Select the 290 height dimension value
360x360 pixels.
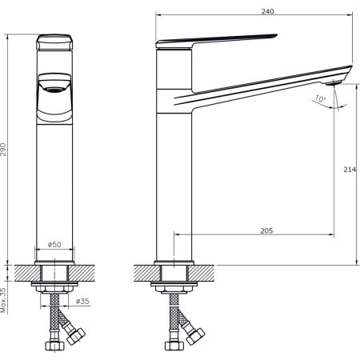pyautogui.click(x=6, y=149)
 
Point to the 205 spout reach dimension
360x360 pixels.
pyautogui.click(x=266, y=230)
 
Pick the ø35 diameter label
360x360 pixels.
pyautogui.click(x=82, y=302)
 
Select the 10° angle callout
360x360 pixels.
pyautogui.click(x=320, y=98)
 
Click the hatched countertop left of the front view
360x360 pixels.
pyautogui.click(x=21, y=271)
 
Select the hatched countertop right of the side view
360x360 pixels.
pyautogui.click(x=210, y=271)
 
